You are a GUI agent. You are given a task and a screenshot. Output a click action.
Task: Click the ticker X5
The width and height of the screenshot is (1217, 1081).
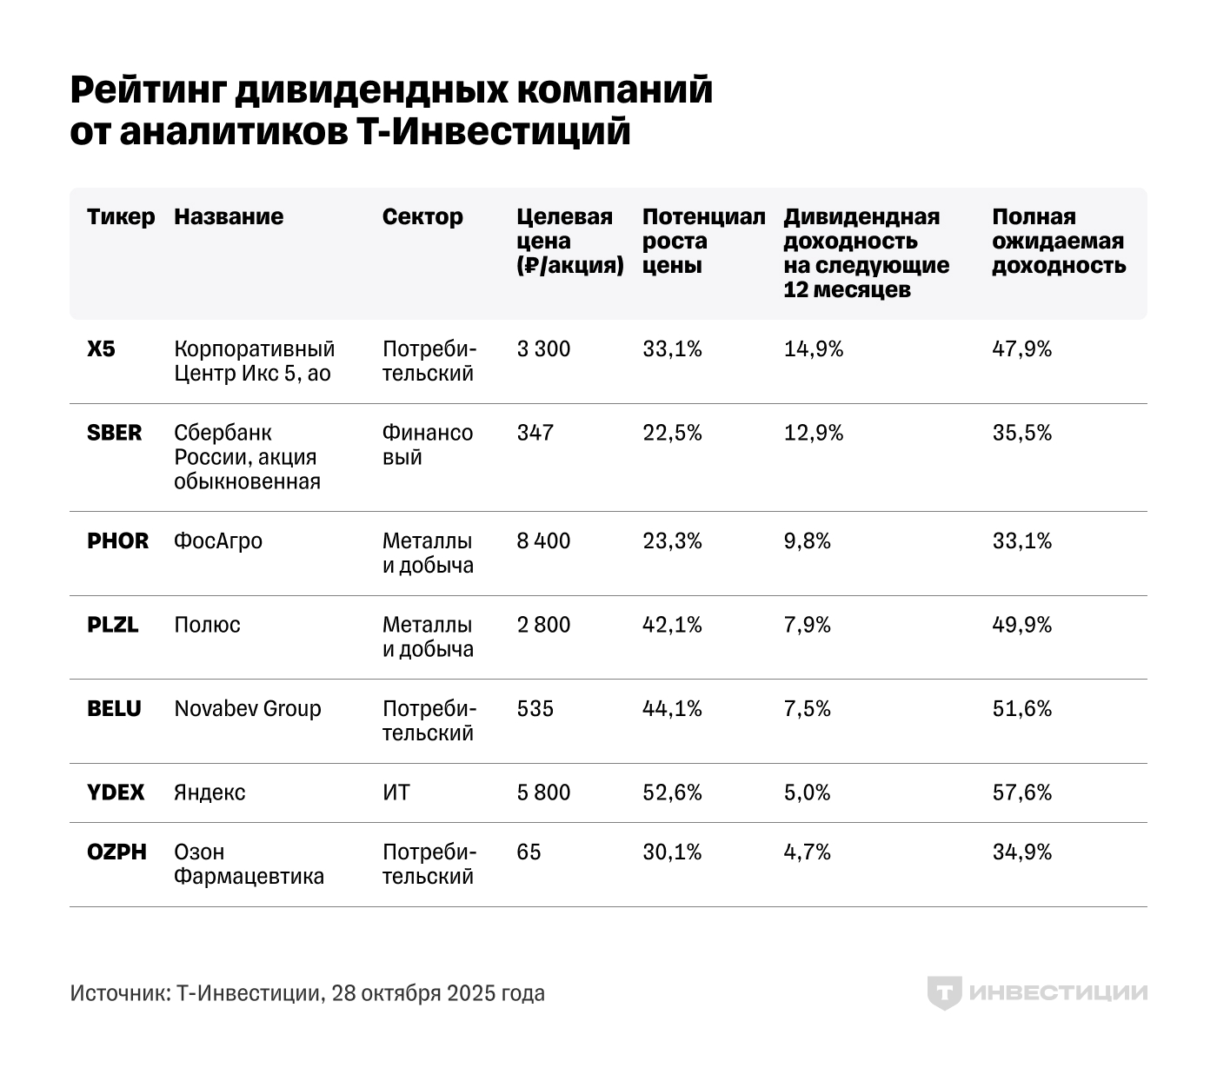(x=101, y=349)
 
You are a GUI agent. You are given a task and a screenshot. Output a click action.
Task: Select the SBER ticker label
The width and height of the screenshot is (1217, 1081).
(x=114, y=433)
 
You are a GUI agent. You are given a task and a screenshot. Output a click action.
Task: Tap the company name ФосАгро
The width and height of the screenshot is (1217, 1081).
(x=218, y=540)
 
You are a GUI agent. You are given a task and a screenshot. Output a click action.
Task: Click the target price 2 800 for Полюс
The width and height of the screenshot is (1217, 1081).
(x=543, y=625)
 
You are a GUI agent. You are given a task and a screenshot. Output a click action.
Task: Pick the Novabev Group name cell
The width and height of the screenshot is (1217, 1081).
(x=248, y=709)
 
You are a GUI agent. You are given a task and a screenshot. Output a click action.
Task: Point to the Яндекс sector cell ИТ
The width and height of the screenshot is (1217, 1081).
(x=396, y=793)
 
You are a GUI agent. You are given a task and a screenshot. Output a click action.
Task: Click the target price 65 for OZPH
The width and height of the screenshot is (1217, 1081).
(x=529, y=852)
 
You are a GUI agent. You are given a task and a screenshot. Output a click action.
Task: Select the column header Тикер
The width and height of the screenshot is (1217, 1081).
(x=121, y=216)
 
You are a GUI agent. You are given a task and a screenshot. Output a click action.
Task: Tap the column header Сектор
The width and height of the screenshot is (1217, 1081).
(x=422, y=216)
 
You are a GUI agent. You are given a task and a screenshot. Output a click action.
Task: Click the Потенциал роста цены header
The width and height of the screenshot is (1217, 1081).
(x=703, y=241)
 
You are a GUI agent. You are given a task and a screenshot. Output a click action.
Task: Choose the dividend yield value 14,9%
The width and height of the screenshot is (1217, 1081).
(x=814, y=349)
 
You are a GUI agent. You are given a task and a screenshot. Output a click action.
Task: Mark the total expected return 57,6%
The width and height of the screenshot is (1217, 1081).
(x=1022, y=793)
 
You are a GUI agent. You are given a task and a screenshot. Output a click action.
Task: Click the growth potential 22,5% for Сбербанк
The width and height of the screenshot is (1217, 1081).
(x=672, y=433)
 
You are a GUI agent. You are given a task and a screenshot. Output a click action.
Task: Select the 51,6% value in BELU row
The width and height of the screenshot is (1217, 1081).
(x=1022, y=709)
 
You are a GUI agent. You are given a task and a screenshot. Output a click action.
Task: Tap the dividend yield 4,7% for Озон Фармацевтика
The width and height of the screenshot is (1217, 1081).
(x=808, y=852)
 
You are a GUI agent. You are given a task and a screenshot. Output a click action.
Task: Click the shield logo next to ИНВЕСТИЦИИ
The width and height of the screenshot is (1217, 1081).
(x=944, y=993)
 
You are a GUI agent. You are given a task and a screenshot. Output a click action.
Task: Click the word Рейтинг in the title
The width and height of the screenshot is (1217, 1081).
(x=149, y=90)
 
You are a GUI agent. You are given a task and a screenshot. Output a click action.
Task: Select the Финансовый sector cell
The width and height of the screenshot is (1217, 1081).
(x=428, y=445)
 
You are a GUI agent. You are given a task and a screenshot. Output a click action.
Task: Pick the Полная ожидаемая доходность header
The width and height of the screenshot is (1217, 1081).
(x=1059, y=241)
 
